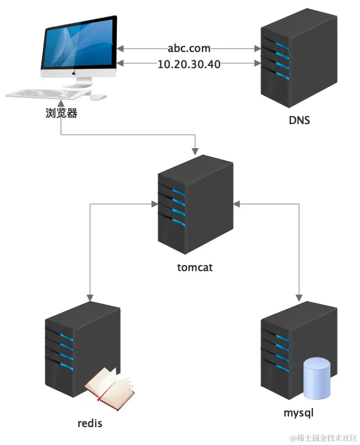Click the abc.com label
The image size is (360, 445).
[189, 48]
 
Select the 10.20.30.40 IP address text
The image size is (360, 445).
[189, 64]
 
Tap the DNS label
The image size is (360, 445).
[299, 120]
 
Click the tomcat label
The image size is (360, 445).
[195, 268]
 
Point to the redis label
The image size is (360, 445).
[90, 423]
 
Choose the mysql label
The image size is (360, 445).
[299, 414]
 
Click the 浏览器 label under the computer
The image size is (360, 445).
[61, 113]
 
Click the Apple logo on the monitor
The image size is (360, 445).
[78, 73]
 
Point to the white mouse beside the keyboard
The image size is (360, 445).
[98, 97]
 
